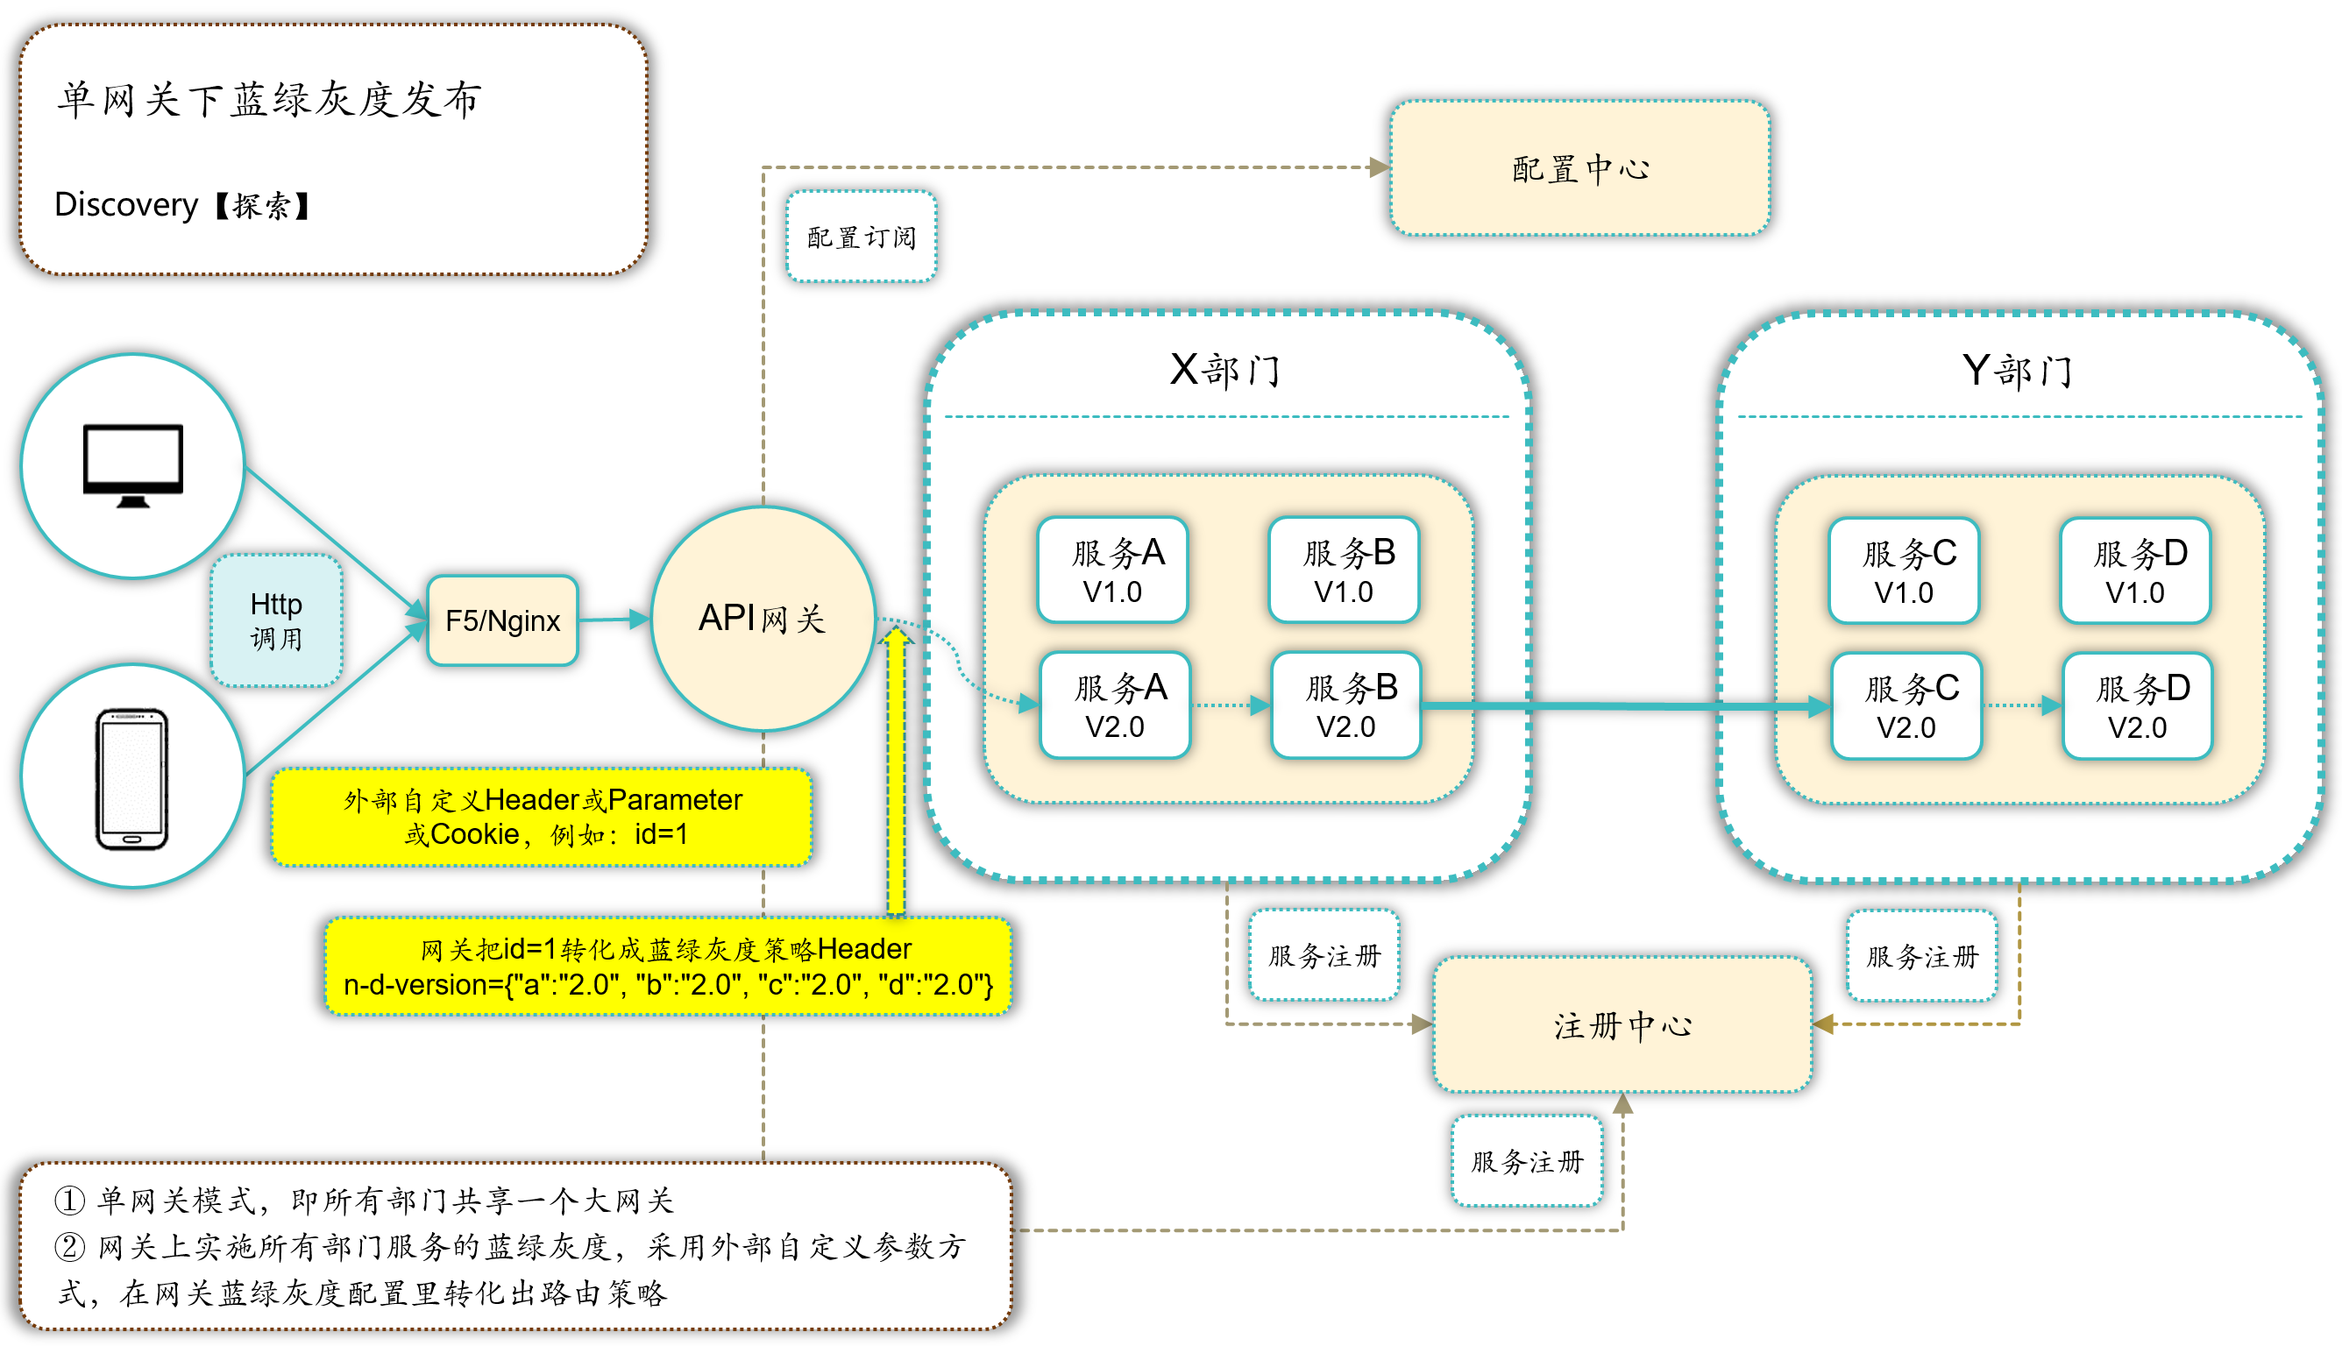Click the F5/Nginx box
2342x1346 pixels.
click(x=502, y=620)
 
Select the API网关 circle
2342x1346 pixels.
click(x=763, y=619)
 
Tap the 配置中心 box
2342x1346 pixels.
click(x=1579, y=168)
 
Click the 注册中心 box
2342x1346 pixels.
click(x=1622, y=1025)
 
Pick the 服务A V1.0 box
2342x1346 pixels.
click(x=1112, y=570)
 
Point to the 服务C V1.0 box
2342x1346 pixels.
click(x=1904, y=571)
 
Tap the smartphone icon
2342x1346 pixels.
click(x=132, y=778)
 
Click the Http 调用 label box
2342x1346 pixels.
click(x=275, y=620)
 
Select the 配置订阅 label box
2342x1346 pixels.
click(x=861, y=237)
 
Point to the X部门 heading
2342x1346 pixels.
click(x=1225, y=370)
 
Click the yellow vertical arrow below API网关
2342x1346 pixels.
click(x=895, y=776)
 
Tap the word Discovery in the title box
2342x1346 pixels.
click(x=125, y=204)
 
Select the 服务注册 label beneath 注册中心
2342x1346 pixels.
click(x=1527, y=1161)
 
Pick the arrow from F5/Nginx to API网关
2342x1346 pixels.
click(x=614, y=620)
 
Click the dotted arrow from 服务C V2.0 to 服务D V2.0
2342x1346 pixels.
click(x=2022, y=706)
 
